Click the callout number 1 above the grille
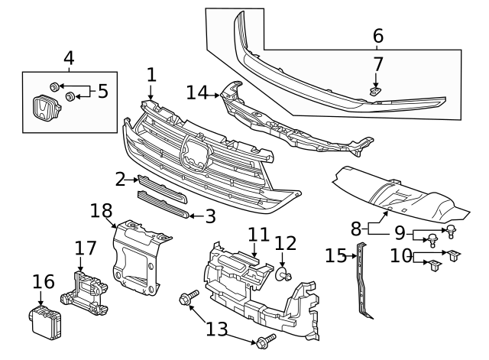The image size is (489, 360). pyautogui.click(x=151, y=74)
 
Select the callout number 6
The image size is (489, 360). pyautogui.click(x=377, y=35)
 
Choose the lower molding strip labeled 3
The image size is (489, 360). pyautogui.click(x=161, y=205)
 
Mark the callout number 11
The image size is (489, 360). pyautogui.click(x=258, y=235)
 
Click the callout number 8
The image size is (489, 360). pyautogui.click(x=356, y=227)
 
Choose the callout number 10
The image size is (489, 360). pyautogui.click(x=400, y=256)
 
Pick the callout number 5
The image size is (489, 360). pyautogui.click(x=102, y=92)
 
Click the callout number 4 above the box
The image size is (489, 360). pyautogui.click(x=69, y=57)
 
